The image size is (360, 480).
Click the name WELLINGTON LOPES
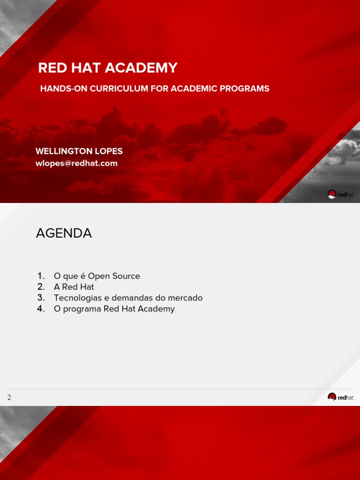pos(79,151)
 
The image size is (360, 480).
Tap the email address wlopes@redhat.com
pos(76,163)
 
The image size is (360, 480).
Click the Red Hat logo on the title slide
pos(341,194)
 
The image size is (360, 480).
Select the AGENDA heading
pos(64,233)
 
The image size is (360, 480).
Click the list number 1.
pos(41,276)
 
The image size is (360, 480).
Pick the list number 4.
pos(41,308)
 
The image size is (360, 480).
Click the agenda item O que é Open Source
pos(97,276)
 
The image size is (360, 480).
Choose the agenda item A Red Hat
pos(74,287)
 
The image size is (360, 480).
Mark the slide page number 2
pos(9,397)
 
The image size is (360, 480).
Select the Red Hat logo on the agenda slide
pos(341,397)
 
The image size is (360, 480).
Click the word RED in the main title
pos(50,68)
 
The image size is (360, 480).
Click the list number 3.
pos(41,298)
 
